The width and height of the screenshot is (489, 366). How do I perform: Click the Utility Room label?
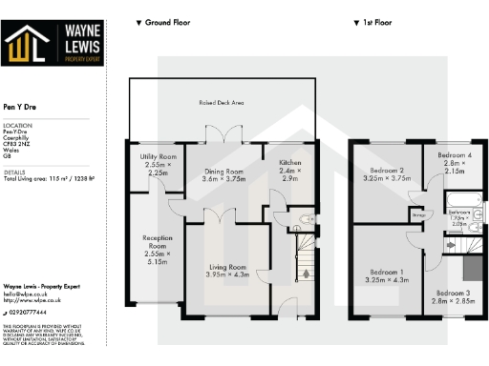click(x=158, y=155)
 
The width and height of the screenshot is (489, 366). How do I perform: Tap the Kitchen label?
click(x=290, y=163)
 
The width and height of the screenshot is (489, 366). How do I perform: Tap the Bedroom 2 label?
click(x=386, y=172)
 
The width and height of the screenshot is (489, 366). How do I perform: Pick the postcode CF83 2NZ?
click(x=17, y=146)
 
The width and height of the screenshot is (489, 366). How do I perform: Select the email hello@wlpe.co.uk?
click(x=26, y=295)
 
